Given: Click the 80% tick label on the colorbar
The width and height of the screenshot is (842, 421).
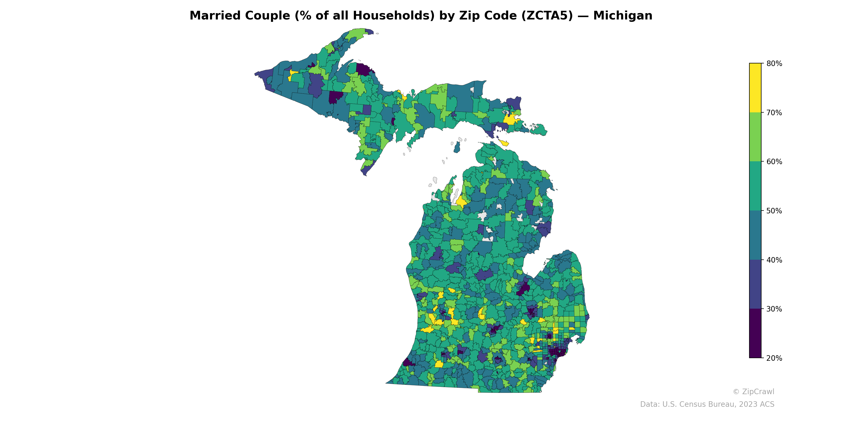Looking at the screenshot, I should [774, 64].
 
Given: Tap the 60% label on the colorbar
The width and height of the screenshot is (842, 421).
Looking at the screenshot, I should [774, 162].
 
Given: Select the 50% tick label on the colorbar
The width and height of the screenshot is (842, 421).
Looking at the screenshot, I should [774, 211].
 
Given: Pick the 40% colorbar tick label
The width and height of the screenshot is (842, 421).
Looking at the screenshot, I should [774, 260].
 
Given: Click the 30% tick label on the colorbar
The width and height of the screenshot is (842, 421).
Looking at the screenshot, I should [774, 309].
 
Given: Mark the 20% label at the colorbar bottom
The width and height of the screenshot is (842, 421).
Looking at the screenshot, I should [774, 358].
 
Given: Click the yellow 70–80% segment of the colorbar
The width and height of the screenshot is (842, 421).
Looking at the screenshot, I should [755, 88].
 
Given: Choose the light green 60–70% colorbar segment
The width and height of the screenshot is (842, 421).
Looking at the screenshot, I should [755, 137].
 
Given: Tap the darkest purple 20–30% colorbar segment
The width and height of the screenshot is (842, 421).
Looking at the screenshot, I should [755, 333].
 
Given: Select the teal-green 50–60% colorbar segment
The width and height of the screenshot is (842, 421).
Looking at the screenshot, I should [755, 186].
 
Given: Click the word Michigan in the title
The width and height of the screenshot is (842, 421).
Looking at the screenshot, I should [623, 16].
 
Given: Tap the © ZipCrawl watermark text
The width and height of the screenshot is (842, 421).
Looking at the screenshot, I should [753, 392].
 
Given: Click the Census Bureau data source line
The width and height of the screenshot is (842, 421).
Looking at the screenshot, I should [707, 404].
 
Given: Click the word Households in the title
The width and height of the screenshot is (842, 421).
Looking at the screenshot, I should [394, 16].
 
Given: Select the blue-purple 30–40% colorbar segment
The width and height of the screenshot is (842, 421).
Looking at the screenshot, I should [755, 284].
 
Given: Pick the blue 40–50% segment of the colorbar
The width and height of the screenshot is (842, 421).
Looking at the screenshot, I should [755, 235].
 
